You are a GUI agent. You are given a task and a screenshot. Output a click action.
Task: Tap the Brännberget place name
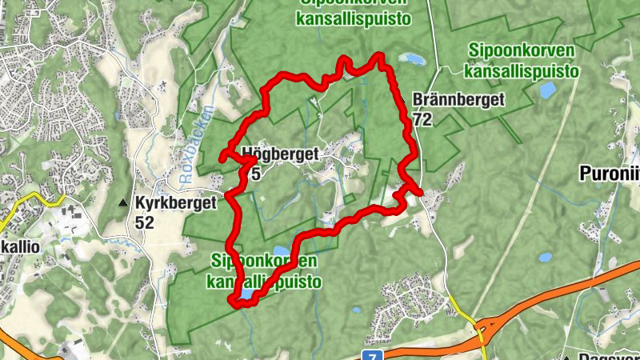[x=458, y=100]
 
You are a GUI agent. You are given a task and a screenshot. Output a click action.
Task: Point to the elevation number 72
[x=422, y=119]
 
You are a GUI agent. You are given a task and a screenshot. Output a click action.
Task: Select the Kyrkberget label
[x=176, y=203]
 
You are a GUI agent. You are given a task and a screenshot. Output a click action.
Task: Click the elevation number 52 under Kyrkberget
[x=144, y=222]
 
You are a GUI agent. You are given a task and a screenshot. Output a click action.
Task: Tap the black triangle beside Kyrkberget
[x=122, y=204]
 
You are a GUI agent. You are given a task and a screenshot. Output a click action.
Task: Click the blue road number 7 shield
[x=370, y=354]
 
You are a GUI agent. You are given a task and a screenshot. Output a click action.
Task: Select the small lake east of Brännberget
[x=547, y=90]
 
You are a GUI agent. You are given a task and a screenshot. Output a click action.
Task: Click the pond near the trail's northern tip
[x=413, y=58]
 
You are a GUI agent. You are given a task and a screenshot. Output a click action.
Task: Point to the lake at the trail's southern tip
[x=246, y=296]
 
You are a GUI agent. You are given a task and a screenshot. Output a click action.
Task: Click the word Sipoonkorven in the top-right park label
[x=522, y=51]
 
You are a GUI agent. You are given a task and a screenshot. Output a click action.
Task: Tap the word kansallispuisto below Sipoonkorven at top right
[x=522, y=70]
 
